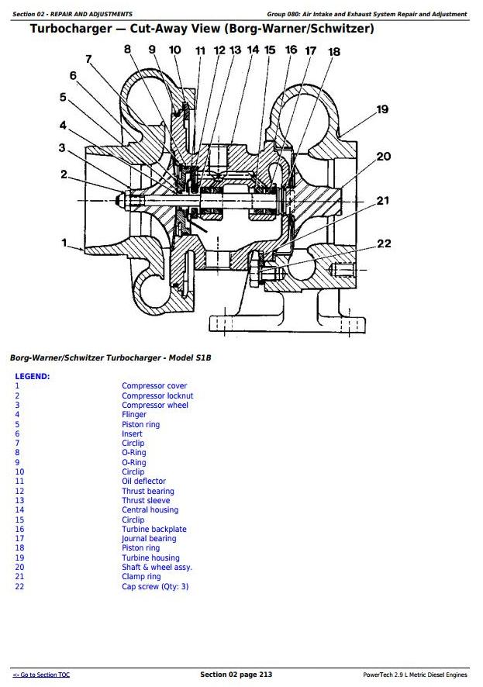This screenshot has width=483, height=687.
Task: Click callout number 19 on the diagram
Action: [381, 109]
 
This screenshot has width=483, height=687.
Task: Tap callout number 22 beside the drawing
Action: [384, 243]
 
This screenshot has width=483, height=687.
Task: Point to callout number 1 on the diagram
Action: [64, 243]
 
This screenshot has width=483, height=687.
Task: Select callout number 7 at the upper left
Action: [89, 59]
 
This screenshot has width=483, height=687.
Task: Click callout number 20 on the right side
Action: [384, 157]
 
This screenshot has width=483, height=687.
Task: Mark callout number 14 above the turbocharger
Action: [253, 50]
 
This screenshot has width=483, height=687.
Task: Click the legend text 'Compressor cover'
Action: [154, 385]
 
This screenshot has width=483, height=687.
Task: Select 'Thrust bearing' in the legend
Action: [148, 491]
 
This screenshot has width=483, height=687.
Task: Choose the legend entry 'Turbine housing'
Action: [150, 558]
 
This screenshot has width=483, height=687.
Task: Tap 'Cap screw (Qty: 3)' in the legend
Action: [155, 586]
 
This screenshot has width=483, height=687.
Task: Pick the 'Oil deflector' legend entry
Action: [143, 482]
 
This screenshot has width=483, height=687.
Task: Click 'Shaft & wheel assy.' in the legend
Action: [157, 567]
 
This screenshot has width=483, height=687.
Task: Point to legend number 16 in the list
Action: [19, 529]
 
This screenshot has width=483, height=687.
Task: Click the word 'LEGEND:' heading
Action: [33, 376]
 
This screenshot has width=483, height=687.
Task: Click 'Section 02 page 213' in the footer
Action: [236, 675]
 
